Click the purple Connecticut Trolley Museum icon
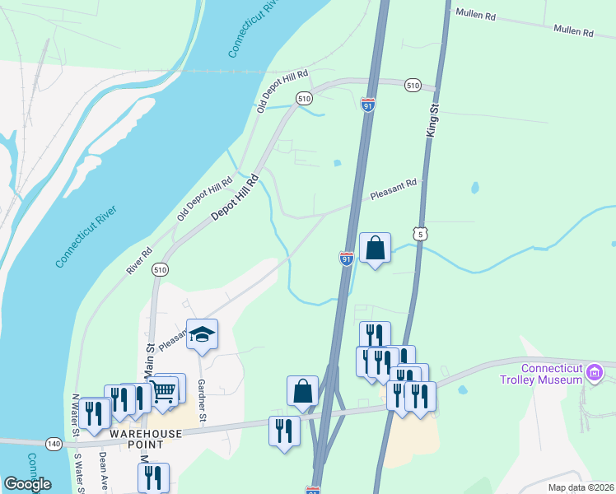[594, 374]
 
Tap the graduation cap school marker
[202, 334]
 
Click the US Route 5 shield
[421, 235]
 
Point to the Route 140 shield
[54, 443]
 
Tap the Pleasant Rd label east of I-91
[394, 190]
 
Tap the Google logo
[27, 484]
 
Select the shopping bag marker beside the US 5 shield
[375, 248]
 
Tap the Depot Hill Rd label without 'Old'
[235, 196]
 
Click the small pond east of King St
[474, 188]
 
